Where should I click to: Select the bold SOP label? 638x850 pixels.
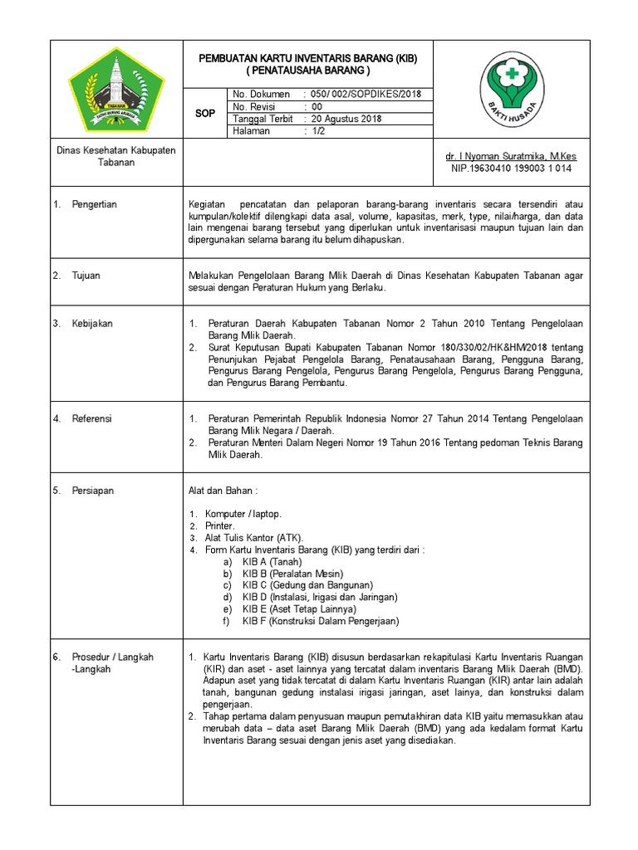coord(205,113)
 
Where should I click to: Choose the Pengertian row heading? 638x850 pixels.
coord(94,204)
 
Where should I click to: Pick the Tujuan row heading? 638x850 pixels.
coord(86,276)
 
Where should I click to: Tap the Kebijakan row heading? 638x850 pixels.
coord(91,324)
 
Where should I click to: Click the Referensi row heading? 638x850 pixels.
coord(91,419)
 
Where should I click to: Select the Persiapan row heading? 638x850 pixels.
coord(92,491)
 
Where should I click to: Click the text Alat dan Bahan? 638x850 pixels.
coord(223,491)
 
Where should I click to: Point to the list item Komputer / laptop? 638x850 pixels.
coord(243,515)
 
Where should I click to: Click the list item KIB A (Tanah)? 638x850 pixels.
coord(272,562)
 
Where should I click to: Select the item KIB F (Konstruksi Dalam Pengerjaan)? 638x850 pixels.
coord(320,621)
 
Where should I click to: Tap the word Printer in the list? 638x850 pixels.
coord(220,526)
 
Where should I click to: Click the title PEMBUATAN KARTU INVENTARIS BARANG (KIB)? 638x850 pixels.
coord(307,60)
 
